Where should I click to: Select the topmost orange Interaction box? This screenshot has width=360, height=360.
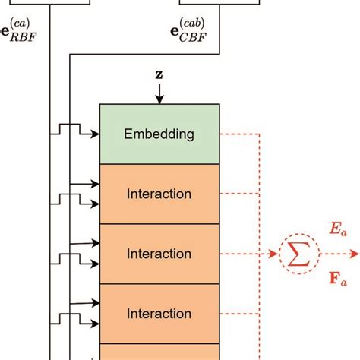(159, 194)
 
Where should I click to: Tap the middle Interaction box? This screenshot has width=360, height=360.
(159, 253)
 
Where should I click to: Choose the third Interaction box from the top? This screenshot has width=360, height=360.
(159, 313)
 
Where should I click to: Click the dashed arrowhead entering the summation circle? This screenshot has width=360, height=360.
(273, 254)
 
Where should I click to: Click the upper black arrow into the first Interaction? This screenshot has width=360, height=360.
(91, 183)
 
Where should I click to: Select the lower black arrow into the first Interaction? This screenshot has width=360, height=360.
(91, 204)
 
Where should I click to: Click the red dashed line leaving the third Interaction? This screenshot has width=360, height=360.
(239, 313)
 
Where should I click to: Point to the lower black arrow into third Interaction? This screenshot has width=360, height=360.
(91, 323)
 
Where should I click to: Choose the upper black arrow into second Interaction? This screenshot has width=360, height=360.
(91, 243)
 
